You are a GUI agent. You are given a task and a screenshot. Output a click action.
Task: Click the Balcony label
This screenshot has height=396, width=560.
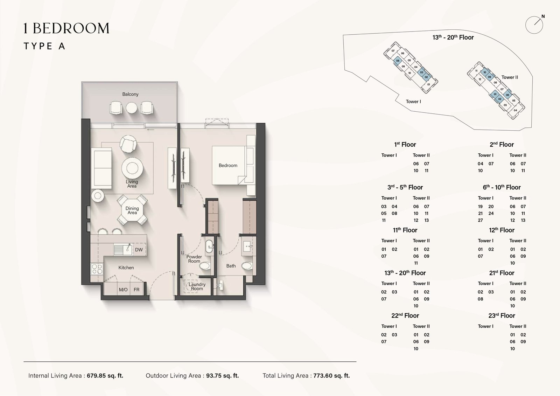coord(130,94)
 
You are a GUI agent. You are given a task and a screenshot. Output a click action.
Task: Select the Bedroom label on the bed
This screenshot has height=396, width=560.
coord(228,165)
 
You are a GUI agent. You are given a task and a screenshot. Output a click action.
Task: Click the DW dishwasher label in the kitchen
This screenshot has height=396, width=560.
coord(139,250)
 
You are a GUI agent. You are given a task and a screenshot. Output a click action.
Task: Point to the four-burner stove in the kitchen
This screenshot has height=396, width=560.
coord(97,269)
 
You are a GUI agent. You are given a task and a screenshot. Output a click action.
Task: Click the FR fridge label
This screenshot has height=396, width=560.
coord(136,290)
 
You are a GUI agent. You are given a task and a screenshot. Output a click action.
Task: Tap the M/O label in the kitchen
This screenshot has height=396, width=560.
coord(123,290)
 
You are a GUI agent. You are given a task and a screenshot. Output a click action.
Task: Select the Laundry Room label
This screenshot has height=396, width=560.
coord(197,286)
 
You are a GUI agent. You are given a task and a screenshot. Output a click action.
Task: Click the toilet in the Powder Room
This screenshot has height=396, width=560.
coord(205,266)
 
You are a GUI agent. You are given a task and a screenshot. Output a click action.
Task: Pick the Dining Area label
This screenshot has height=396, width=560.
coord(132,210)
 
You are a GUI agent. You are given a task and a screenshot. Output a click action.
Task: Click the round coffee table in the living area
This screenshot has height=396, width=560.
coord(132,168)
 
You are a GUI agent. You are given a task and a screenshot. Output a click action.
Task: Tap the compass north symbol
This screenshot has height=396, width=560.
coord(534,25)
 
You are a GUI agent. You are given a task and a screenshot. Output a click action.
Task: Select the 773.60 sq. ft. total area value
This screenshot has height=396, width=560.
coord(331,376)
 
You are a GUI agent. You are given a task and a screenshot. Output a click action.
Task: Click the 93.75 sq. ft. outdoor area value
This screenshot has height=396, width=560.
coord(222,376)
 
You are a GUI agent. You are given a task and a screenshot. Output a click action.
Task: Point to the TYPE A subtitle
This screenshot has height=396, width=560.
coord(44,46)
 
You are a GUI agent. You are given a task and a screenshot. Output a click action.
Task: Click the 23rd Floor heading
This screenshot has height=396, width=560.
coord(502,315)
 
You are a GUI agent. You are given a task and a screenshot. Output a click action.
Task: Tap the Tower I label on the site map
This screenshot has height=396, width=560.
coord(413,102)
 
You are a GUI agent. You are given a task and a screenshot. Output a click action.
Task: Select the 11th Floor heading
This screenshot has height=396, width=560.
coord(405,230)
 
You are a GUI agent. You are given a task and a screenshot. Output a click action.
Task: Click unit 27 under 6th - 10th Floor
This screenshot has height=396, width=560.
coord(480,220)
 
